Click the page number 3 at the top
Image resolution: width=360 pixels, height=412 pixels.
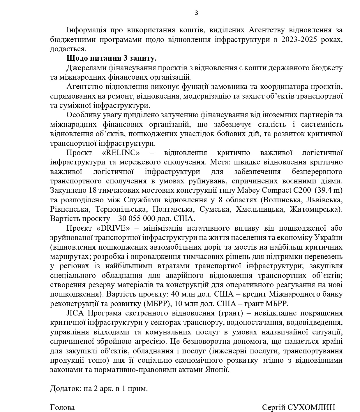[196, 13]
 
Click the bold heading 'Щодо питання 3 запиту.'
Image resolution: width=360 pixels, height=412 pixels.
[111, 58]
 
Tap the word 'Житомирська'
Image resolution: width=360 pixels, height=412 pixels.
[316, 209]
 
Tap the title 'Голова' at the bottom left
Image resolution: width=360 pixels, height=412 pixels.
[62, 407]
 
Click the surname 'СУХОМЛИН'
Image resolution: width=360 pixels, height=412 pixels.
[311, 407]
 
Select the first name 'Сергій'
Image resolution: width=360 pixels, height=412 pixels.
[273, 407]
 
